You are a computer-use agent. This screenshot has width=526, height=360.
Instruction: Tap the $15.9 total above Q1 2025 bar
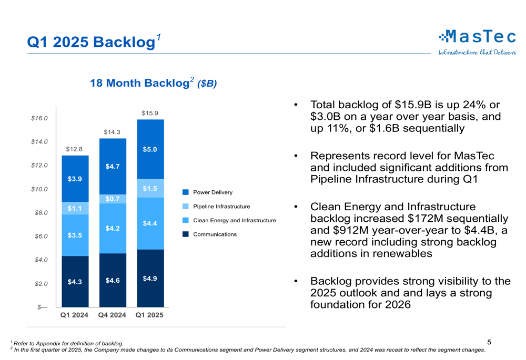[150, 113]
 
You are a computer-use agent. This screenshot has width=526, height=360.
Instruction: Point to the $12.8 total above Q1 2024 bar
[74, 149]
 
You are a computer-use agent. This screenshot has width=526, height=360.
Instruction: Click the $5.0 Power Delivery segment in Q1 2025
[150, 149]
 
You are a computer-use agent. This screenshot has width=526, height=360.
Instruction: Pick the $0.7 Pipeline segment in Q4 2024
[112, 199]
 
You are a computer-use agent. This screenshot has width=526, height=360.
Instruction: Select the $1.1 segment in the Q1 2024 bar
[75, 209]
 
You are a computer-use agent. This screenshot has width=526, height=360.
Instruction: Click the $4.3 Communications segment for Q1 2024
[75, 282]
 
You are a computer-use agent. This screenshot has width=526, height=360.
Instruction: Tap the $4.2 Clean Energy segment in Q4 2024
[112, 229]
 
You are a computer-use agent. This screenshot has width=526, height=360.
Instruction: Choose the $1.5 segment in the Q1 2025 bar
[150, 188]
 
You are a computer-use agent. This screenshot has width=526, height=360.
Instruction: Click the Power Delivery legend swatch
[186, 193]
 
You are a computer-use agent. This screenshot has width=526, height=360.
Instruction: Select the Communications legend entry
[215, 234]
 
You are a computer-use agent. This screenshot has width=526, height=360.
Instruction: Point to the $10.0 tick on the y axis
[39, 189]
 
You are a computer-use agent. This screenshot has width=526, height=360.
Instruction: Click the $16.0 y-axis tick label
[39, 118]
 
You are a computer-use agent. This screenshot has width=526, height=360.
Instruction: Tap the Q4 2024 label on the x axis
[112, 315]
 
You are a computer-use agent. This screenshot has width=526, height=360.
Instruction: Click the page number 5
[489, 342]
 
